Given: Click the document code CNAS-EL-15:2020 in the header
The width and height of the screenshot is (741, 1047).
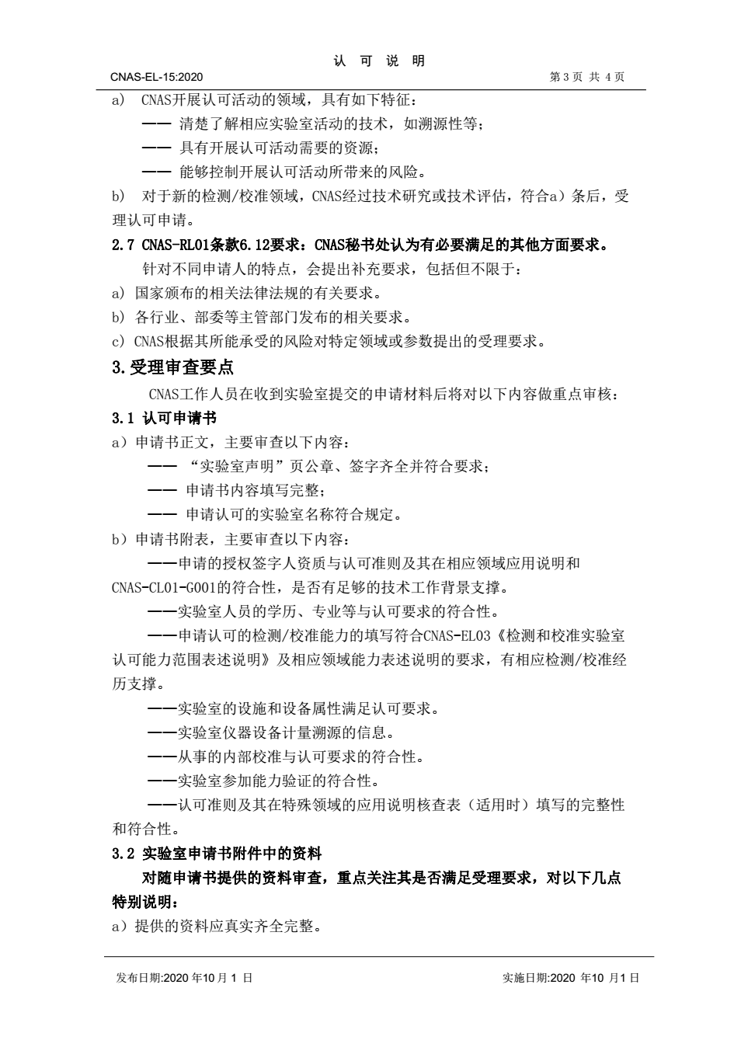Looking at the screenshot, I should coord(156,77).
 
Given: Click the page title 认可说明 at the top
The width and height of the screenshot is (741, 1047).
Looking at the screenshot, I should coord(379,61).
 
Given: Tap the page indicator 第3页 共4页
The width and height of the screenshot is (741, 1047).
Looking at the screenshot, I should coord(586,77).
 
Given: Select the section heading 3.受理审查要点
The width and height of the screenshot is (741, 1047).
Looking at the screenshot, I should coord(172,367).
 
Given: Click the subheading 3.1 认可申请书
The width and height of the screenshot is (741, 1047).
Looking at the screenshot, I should coord(164,418).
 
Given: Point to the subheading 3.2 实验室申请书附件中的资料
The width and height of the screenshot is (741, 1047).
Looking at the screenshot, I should coord(217,854).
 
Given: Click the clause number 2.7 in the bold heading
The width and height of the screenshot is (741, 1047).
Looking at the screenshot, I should coord(124,245).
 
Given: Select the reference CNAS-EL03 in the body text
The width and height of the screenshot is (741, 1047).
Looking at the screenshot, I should coord(457,636).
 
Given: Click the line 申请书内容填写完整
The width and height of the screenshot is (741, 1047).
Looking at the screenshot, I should coord(253,490).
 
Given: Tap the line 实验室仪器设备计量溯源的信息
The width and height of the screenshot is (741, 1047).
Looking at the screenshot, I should coord(285,732).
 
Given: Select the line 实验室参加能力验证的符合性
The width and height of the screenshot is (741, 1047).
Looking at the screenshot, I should coord(278,781).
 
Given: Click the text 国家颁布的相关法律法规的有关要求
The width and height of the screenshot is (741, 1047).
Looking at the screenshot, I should coord(257,293).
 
